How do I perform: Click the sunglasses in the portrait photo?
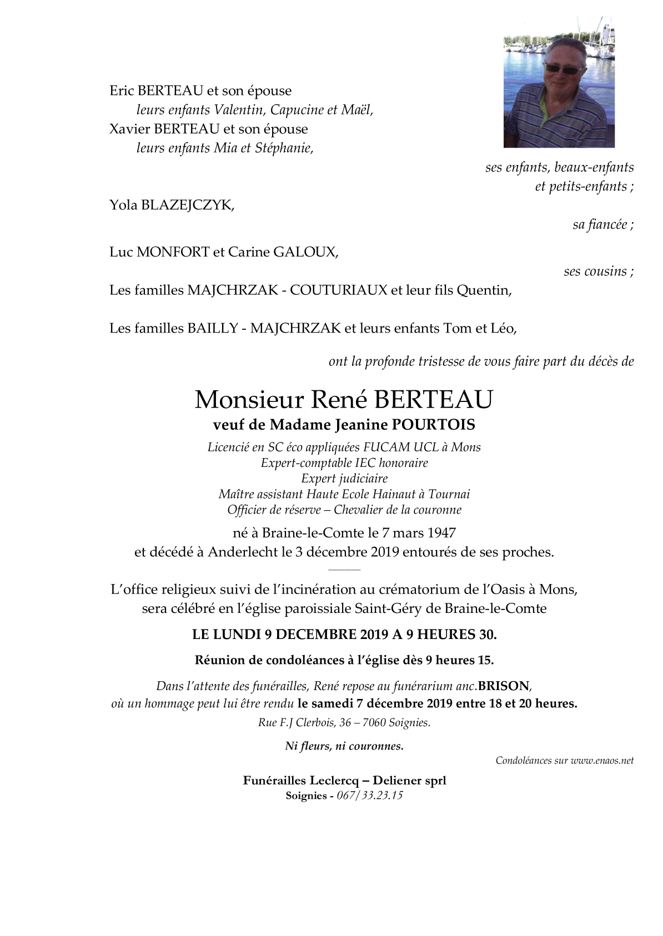point(564,68)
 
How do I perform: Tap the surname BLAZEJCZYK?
point(187,205)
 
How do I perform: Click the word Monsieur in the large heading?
point(249,400)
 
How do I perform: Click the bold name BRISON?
point(504,686)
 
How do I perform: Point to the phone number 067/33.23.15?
point(370,796)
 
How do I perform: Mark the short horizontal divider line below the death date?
point(344,570)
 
